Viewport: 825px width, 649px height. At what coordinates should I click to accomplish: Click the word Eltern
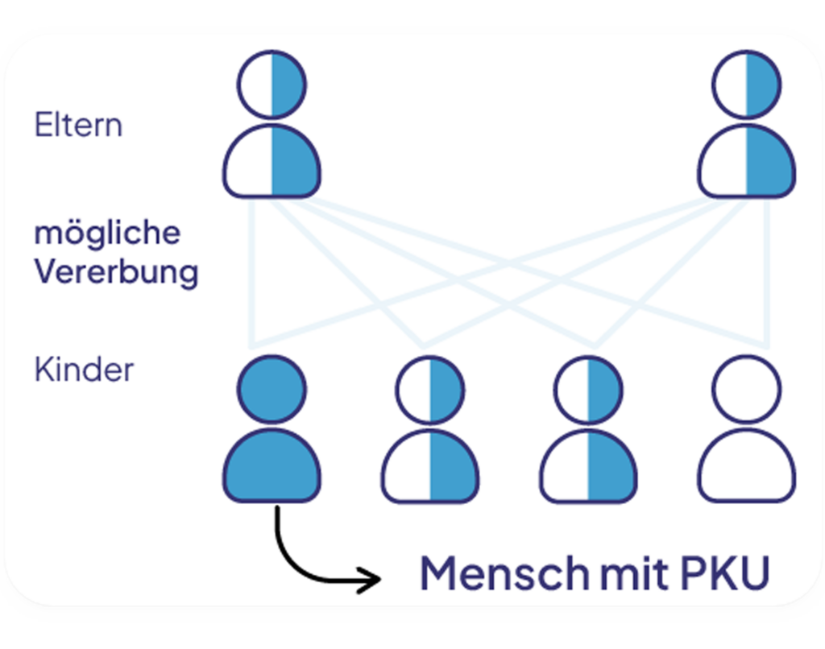point(78,125)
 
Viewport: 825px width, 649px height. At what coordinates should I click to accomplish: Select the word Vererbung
point(116,272)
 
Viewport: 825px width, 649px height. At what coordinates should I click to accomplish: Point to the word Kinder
point(84,370)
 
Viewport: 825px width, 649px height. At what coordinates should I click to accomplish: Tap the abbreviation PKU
point(725,573)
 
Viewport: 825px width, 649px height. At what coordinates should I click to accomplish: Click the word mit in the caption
point(635,573)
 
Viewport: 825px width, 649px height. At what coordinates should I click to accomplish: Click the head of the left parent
point(272,85)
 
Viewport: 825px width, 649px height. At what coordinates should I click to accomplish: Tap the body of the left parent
point(272,161)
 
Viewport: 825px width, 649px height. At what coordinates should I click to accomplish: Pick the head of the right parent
point(747,85)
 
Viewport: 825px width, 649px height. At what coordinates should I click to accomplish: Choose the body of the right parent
point(747,161)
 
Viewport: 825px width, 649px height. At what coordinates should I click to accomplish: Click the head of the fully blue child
point(272,389)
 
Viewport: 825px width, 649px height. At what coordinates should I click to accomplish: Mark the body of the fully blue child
point(272,465)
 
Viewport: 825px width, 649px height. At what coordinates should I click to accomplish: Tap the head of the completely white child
point(747,389)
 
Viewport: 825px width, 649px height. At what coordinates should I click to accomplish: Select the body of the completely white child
point(747,465)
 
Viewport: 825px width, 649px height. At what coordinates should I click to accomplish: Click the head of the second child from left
point(430,389)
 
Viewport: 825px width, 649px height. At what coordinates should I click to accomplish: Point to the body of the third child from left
point(588,465)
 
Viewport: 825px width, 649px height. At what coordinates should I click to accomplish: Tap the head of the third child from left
point(588,389)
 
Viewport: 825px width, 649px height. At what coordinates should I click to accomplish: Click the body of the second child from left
point(430,465)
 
